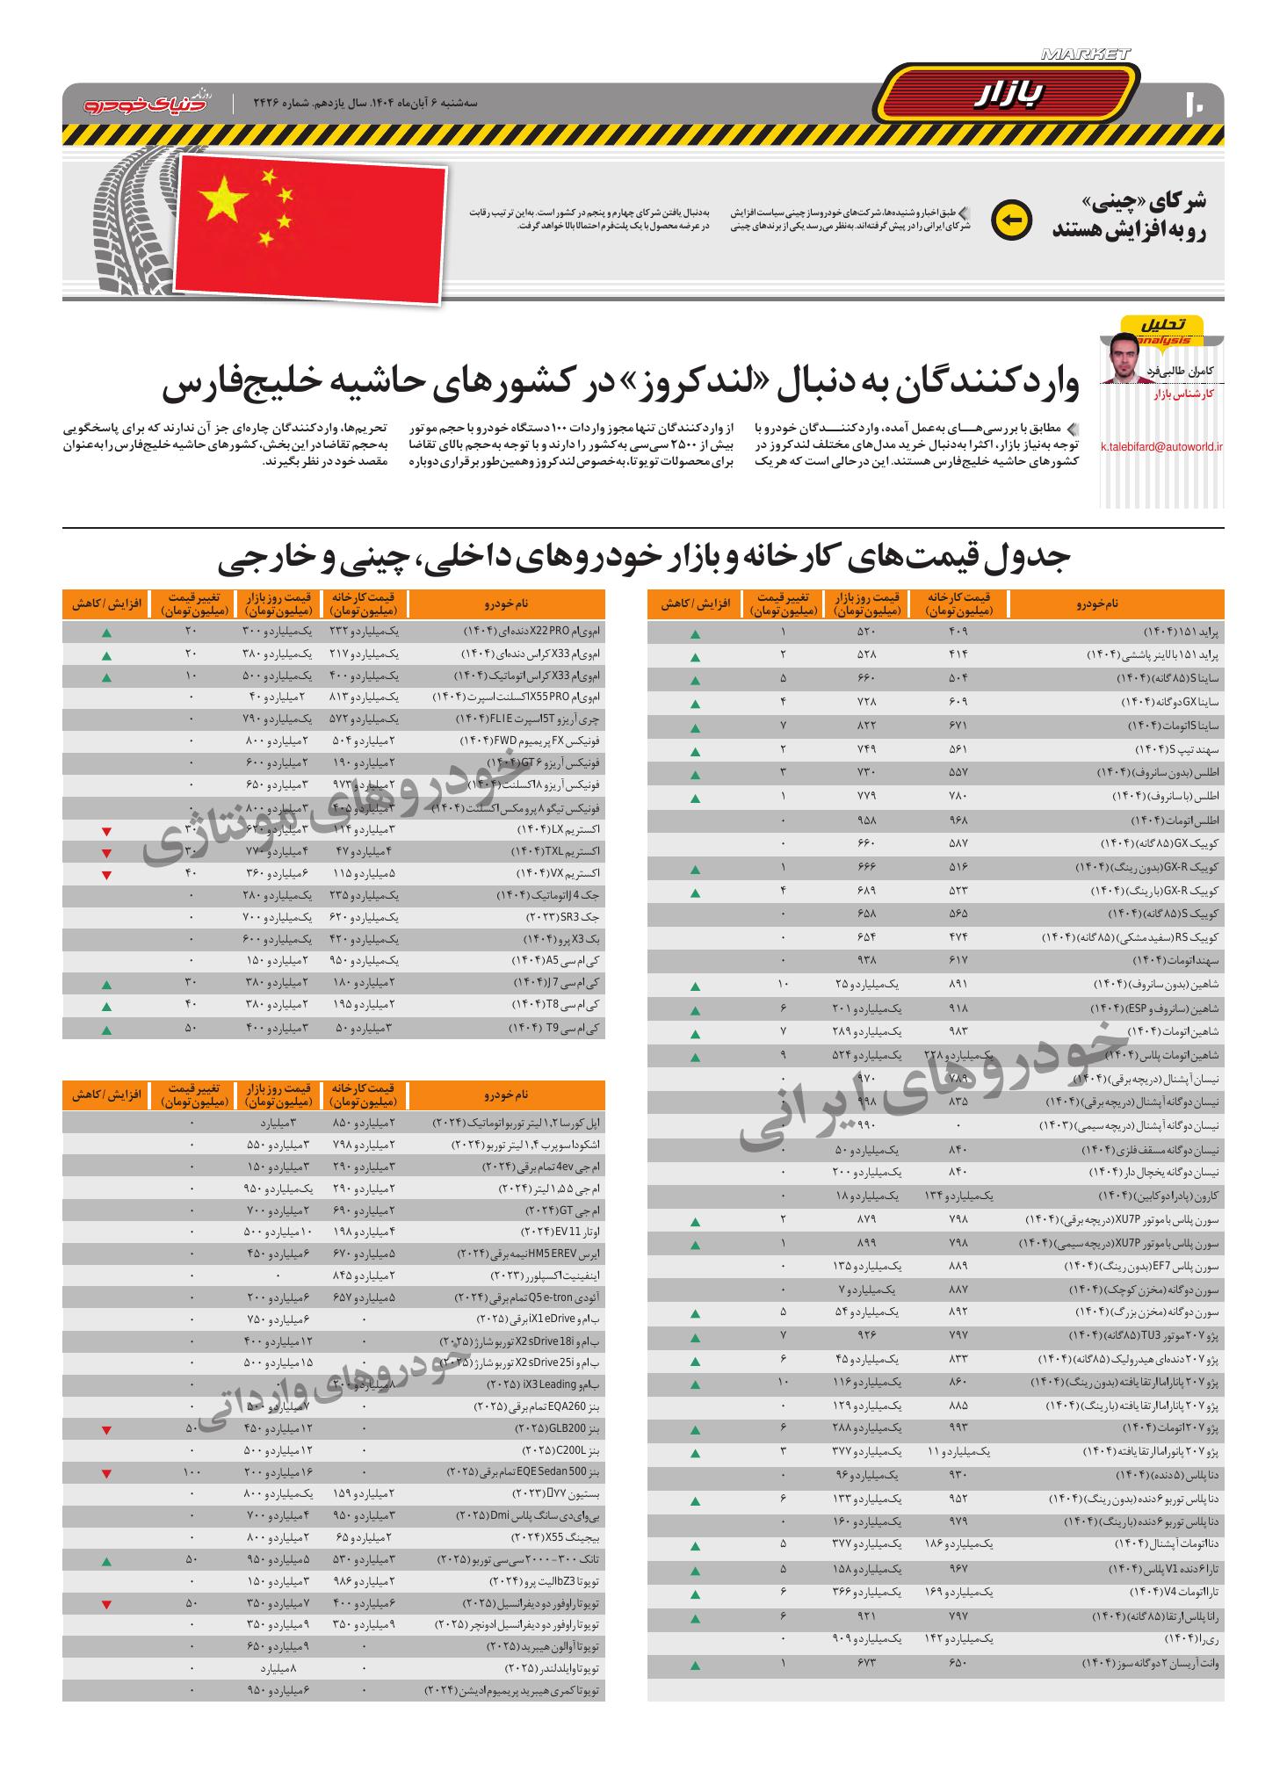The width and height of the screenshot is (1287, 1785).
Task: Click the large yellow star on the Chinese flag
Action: (224, 199)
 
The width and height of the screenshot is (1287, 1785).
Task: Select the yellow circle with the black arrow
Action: (1011, 220)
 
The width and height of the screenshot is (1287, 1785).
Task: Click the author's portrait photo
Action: (1126, 358)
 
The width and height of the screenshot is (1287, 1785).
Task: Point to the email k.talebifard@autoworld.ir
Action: (1161, 446)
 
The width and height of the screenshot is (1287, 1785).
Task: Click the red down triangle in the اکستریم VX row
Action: (106, 875)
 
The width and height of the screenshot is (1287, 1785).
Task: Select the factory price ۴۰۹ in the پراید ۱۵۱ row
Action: (958, 632)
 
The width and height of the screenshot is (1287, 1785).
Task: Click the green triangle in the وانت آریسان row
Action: (695, 1665)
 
